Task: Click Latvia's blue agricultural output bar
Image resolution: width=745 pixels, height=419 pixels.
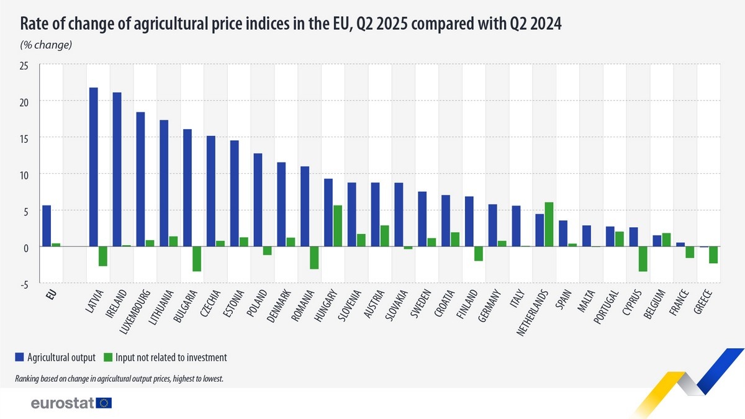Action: point(93,167)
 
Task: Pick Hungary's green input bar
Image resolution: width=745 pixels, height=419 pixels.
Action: point(338,226)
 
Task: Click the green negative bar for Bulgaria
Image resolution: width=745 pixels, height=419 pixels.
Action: point(197,259)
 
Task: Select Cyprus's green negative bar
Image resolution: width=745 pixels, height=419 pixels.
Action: point(643,259)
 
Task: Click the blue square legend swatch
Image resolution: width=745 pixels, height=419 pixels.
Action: point(19,357)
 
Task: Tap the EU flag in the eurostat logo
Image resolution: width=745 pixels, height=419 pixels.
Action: point(104,403)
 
